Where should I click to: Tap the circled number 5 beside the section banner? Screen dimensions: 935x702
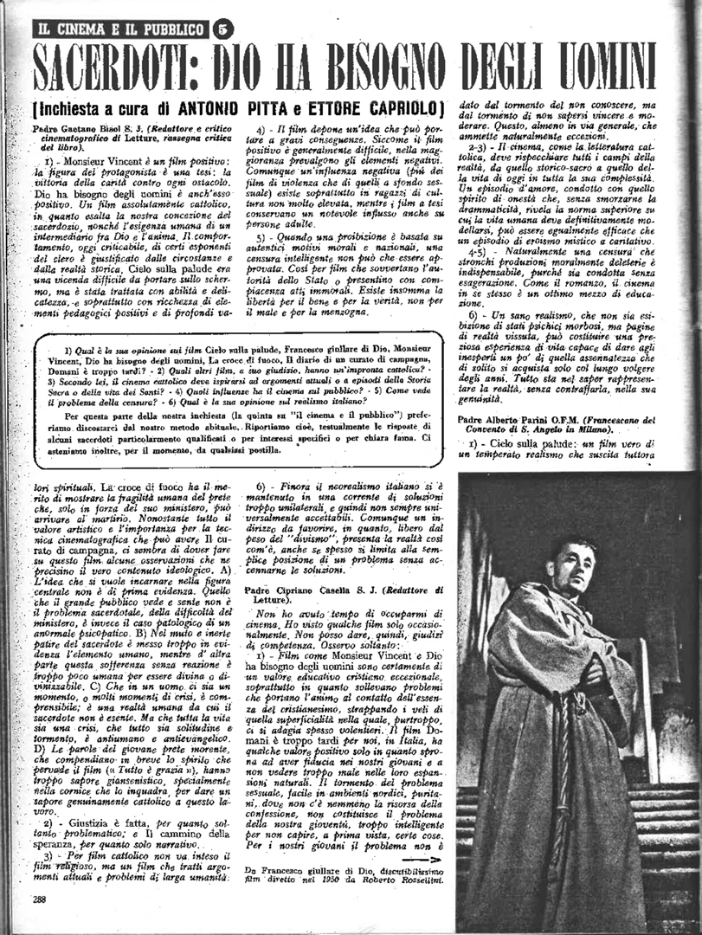point(222,29)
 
